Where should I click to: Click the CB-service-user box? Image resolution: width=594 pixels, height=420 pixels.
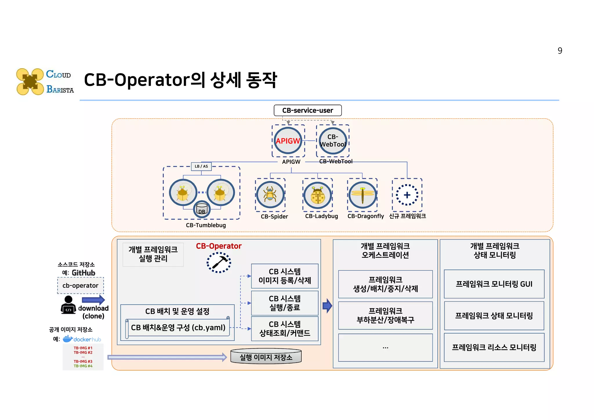pyautogui.click(x=307, y=110)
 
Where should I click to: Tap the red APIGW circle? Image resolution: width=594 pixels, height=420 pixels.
pyautogui.click(x=288, y=141)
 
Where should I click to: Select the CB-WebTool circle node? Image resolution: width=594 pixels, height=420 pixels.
pyautogui.click(x=333, y=141)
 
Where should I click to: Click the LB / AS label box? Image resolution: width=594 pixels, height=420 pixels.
pyautogui.click(x=201, y=166)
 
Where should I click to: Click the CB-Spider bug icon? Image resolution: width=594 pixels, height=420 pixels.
pyautogui.click(x=270, y=194)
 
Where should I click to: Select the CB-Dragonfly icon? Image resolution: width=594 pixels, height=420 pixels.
pyautogui.click(x=362, y=195)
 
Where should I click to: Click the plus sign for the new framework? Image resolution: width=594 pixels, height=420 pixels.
pyautogui.click(x=407, y=195)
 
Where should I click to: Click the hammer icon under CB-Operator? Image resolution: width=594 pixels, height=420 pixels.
pyautogui.click(x=219, y=263)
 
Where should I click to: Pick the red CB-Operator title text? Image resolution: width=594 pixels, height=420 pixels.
pyautogui.click(x=219, y=246)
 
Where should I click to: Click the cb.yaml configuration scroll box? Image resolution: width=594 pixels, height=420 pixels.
pyautogui.click(x=178, y=328)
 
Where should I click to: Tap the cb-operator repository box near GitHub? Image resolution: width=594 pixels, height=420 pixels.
pyautogui.click(x=80, y=286)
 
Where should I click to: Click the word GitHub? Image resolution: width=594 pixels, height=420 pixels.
pyautogui.click(x=84, y=273)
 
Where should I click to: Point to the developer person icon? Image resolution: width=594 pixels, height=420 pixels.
pyautogui.click(x=68, y=305)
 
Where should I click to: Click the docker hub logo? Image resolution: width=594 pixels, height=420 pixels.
pyautogui.click(x=82, y=339)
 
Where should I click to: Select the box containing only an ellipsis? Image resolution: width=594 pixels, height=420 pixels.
pyautogui.click(x=385, y=348)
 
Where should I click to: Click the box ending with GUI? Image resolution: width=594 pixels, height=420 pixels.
pyautogui.click(x=494, y=284)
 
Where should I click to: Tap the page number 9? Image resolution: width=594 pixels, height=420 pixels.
pyautogui.click(x=560, y=51)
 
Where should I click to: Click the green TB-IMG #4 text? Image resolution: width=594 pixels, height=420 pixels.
pyautogui.click(x=83, y=366)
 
